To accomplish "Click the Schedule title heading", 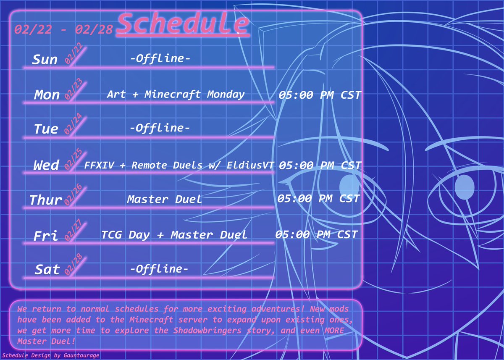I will [184, 24].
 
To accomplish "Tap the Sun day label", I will [45, 60].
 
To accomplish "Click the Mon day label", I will [47, 95].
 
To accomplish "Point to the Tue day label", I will [46, 129].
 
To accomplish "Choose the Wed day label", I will [46, 165].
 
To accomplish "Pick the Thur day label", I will [46, 200].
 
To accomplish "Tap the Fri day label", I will [46, 236].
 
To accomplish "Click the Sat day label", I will [47, 269].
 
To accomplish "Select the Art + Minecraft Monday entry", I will [176, 94].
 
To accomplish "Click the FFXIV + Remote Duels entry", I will [179, 165].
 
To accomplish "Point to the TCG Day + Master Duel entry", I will [174, 235].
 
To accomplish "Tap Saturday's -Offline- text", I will [159, 268].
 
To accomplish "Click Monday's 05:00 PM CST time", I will [320, 95].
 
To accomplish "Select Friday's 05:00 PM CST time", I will [316, 234].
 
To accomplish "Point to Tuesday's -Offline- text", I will [160, 128].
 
